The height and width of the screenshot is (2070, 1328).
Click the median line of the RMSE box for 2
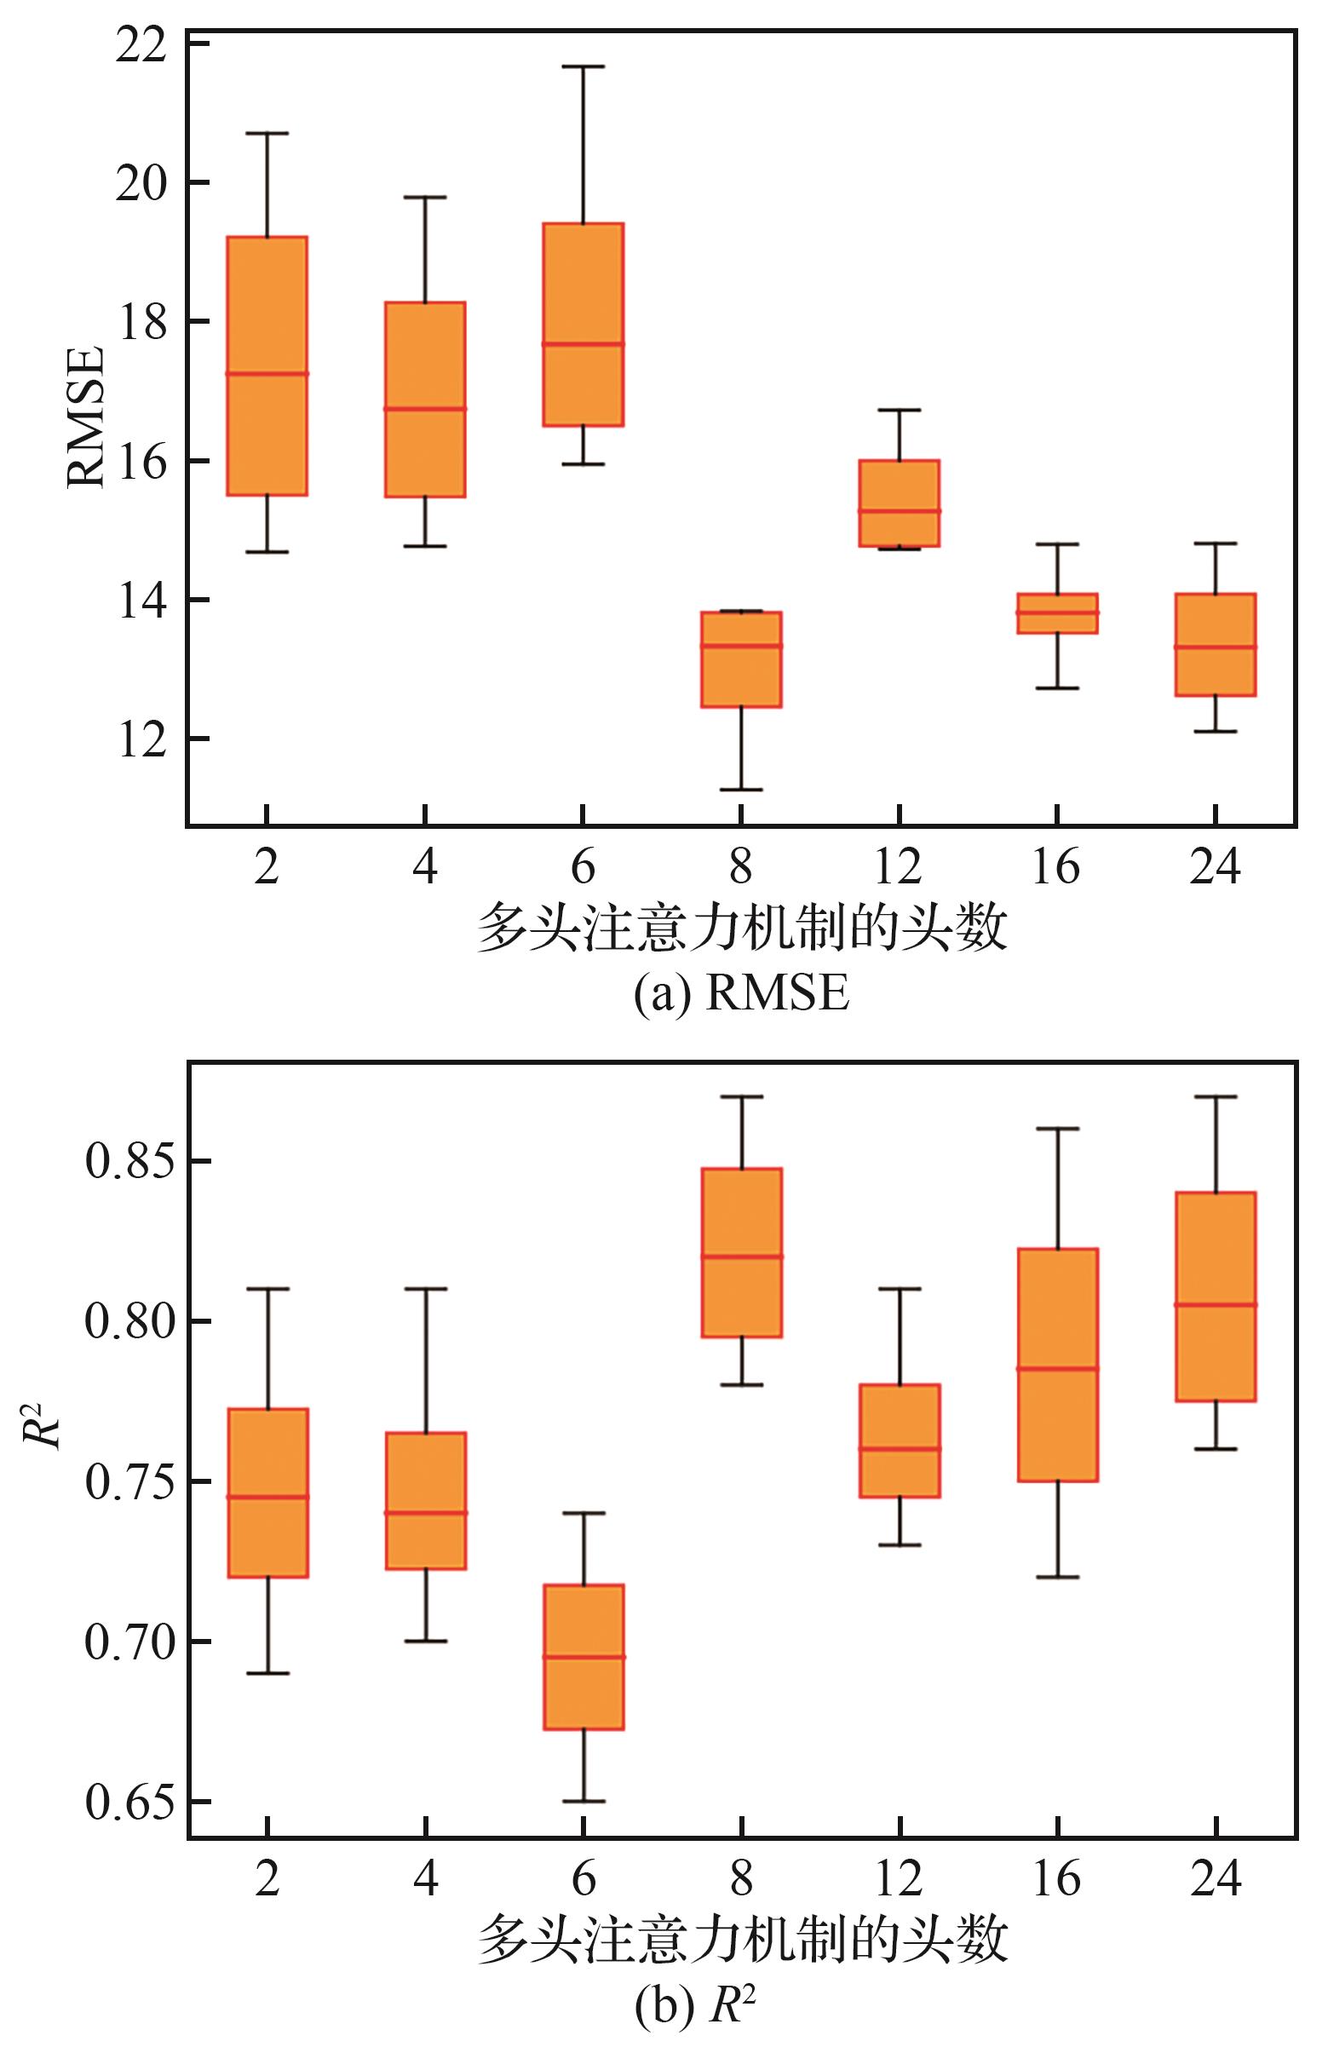point(267,373)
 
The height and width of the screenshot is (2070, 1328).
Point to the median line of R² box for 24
point(1215,1329)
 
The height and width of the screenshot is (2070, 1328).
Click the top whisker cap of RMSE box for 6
point(583,66)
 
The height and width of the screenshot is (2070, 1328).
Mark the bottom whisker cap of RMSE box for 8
point(741,789)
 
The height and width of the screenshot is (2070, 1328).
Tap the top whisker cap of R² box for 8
point(741,1096)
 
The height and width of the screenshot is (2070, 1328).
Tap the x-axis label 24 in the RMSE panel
point(1215,866)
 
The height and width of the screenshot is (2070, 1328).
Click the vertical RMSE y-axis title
point(86,418)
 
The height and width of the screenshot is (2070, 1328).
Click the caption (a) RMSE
point(742,994)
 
